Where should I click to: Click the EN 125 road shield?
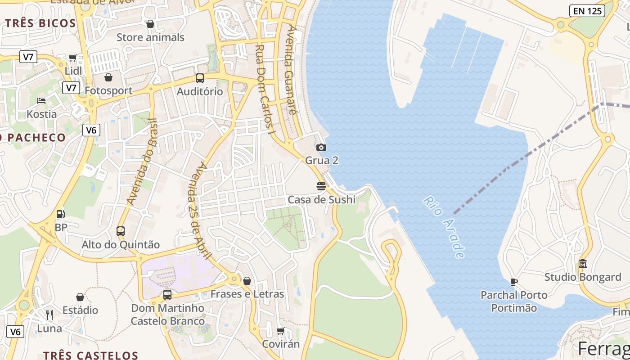click(x=587, y=11)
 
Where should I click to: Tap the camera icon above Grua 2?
click(x=321, y=147)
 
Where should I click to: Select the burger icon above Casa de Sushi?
click(x=321, y=186)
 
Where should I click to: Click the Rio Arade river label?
click(x=444, y=227)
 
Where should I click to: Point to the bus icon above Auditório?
click(x=200, y=78)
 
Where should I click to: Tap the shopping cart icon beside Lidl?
click(x=73, y=58)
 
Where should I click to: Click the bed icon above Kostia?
click(x=41, y=100)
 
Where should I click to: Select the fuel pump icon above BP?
click(x=60, y=214)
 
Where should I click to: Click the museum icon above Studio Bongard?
click(x=583, y=263)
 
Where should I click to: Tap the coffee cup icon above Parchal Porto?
click(x=514, y=282)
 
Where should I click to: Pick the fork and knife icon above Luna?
click(x=49, y=315)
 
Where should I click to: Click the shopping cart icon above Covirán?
click(x=280, y=331)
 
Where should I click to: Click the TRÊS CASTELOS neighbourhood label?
click(x=90, y=355)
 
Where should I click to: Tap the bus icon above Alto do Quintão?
click(x=121, y=231)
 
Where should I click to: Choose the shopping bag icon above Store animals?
click(x=150, y=23)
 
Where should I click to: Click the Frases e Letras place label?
click(x=247, y=294)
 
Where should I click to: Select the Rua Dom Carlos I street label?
click(x=264, y=90)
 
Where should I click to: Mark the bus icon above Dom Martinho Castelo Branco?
click(x=167, y=295)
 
